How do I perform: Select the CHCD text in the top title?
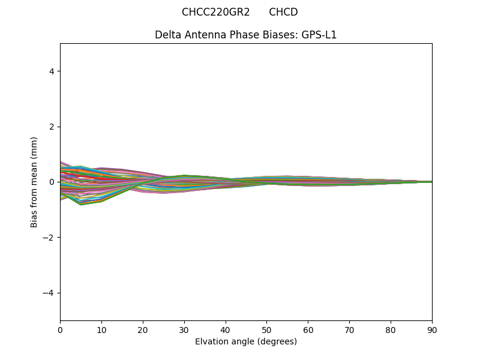(x=283, y=13)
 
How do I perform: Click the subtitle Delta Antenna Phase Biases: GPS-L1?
(x=245, y=35)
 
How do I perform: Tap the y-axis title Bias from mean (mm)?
(x=35, y=182)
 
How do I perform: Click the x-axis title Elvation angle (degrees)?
(x=245, y=341)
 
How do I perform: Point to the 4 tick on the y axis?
(x=51, y=71)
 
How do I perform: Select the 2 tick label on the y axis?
(x=51, y=127)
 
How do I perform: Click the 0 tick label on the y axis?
(x=51, y=182)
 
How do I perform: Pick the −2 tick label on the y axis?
(x=49, y=238)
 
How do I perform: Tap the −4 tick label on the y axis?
(x=49, y=293)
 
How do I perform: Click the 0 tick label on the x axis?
(x=60, y=329)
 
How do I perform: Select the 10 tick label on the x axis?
(x=101, y=329)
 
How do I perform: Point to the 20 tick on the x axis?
(x=143, y=329)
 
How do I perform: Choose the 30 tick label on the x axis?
(x=184, y=329)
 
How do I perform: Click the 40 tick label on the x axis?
(x=226, y=329)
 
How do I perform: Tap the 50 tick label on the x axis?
(x=266, y=329)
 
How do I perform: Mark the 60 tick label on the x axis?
(x=308, y=329)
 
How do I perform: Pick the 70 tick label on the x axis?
(x=349, y=329)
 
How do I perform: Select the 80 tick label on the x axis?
(x=391, y=329)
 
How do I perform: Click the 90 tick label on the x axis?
(x=432, y=329)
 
